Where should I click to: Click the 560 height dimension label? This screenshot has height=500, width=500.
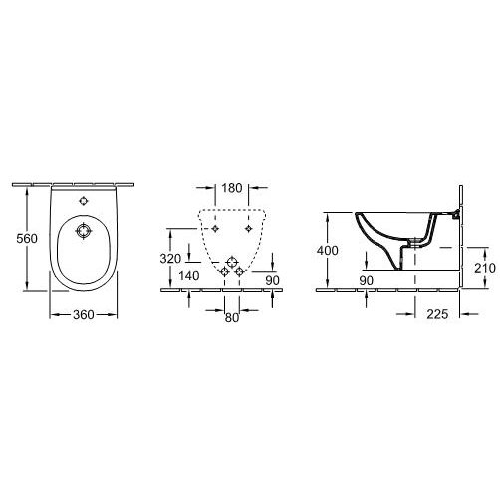click(x=27, y=238)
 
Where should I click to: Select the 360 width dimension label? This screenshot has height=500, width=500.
click(x=84, y=314)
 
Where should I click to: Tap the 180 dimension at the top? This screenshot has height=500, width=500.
click(x=232, y=188)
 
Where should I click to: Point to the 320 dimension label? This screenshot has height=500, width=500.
click(x=170, y=259)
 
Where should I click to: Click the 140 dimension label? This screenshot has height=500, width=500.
click(x=189, y=275)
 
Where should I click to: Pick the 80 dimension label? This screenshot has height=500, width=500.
click(x=232, y=318)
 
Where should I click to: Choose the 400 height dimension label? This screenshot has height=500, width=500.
click(x=328, y=250)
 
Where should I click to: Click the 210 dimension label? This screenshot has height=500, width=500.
click(x=485, y=268)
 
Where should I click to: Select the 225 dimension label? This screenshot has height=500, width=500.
click(x=437, y=314)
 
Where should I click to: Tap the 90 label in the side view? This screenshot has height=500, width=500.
click(x=367, y=281)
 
